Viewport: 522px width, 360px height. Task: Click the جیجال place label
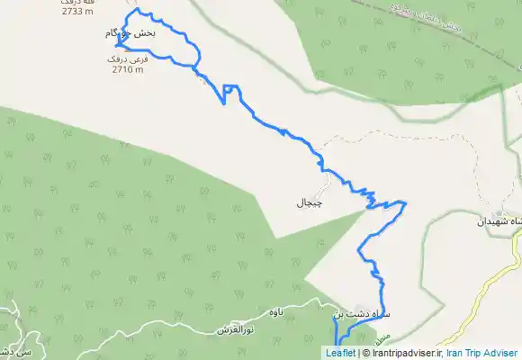[x=309, y=202]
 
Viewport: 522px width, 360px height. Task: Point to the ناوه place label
[x=275, y=311]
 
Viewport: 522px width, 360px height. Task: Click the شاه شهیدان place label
[x=500, y=220]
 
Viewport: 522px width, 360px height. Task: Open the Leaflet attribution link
[x=340, y=353]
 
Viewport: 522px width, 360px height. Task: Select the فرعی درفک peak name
[x=125, y=58]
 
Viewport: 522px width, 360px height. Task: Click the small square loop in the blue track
[x=231, y=89]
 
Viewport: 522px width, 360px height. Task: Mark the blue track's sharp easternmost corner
[x=406, y=202]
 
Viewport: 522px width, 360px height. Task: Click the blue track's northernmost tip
[x=137, y=10]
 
